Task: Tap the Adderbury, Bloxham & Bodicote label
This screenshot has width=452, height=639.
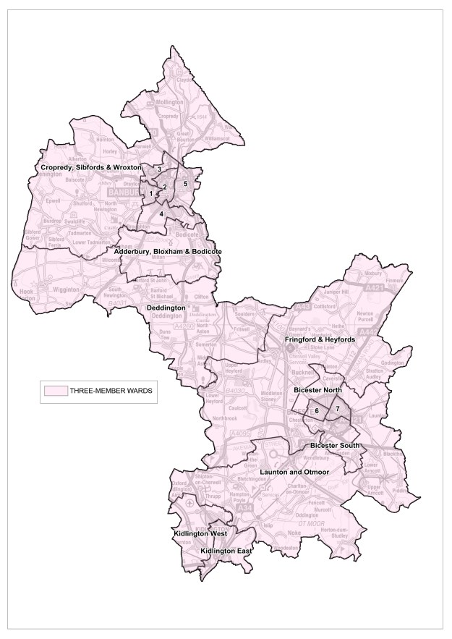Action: pyautogui.click(x=168, y=251)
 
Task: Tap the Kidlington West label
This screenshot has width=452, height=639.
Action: pyautogui.click(x=199, y=533)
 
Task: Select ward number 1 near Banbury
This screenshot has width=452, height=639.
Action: pyautogui.click(x=151, y=193)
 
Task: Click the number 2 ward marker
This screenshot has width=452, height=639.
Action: pyautogui.click(x=165, y=187)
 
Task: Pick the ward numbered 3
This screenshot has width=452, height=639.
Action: pyautogui.click(x=158, y=169)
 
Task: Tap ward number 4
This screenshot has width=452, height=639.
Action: pyautogui.click(x=161, y=213)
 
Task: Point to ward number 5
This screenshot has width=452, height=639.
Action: pyautogui.click(x=186, y=184)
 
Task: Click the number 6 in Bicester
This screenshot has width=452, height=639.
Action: pyautogui.click(x=317, y=411)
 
